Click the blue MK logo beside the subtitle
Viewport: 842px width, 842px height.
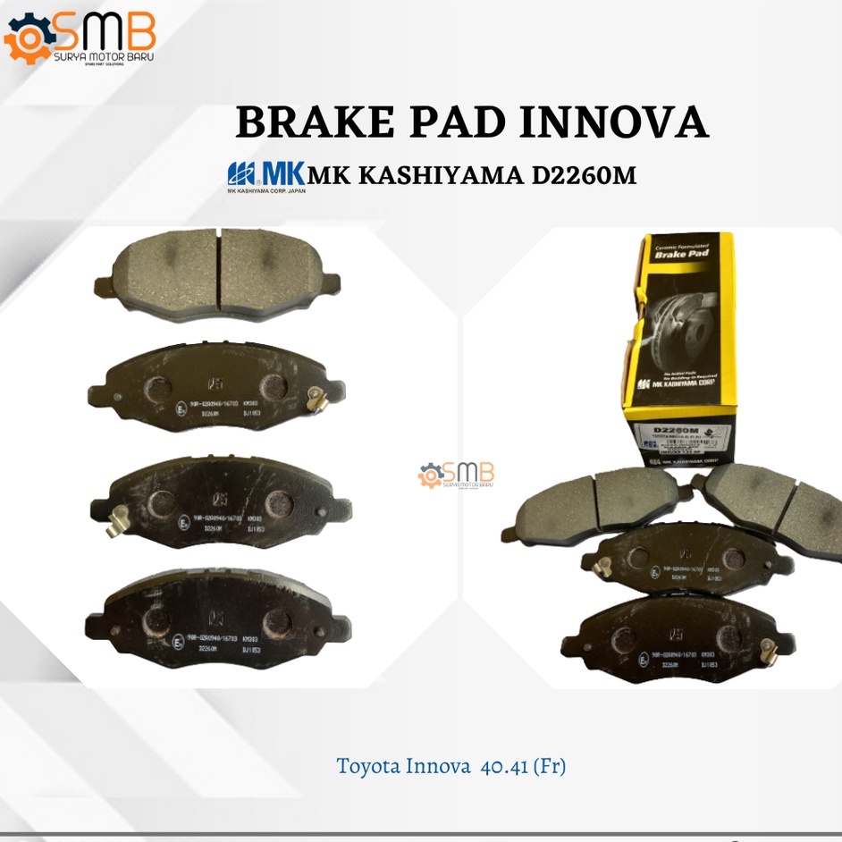click(x=266, y=173)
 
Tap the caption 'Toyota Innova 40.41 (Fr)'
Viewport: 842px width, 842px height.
click(x=450, y=766)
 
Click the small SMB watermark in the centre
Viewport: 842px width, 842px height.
click(x=455, y=475)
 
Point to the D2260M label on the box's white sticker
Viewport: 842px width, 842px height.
click(x=678, y=431)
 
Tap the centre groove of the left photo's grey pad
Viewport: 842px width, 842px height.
click(x=219, y=268)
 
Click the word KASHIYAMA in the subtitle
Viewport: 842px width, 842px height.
click(x=439, y=175)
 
